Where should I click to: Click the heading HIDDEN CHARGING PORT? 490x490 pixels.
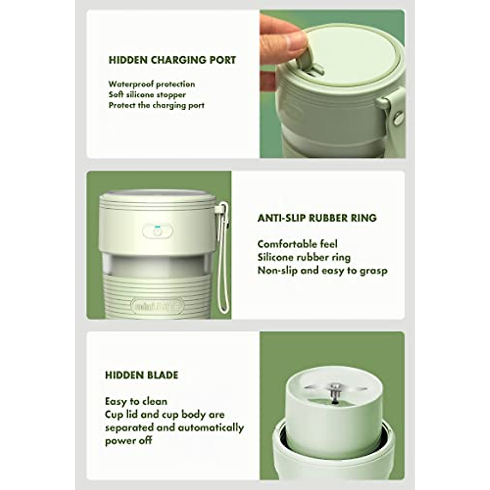tap(172, 60)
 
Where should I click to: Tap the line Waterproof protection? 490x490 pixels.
tap(151, 84)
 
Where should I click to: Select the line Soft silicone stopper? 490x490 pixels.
tap(147, 95)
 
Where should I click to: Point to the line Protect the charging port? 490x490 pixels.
tap(156, 105)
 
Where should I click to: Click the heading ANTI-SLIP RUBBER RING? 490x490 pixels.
tap(317, 218)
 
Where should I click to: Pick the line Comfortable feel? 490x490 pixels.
tap(297, 244)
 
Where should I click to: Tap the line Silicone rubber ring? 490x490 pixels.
tap(304, 257)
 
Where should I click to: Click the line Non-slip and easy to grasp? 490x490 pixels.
tap(322, 270)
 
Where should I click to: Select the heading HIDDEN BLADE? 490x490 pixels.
tap(142, 375)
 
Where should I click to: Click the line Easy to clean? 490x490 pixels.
tap(136, 401)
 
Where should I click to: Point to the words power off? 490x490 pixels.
tap(128, 441)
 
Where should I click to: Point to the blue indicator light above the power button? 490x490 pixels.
tap(157, 226)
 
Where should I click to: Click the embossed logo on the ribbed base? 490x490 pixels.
tap(158, 305)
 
